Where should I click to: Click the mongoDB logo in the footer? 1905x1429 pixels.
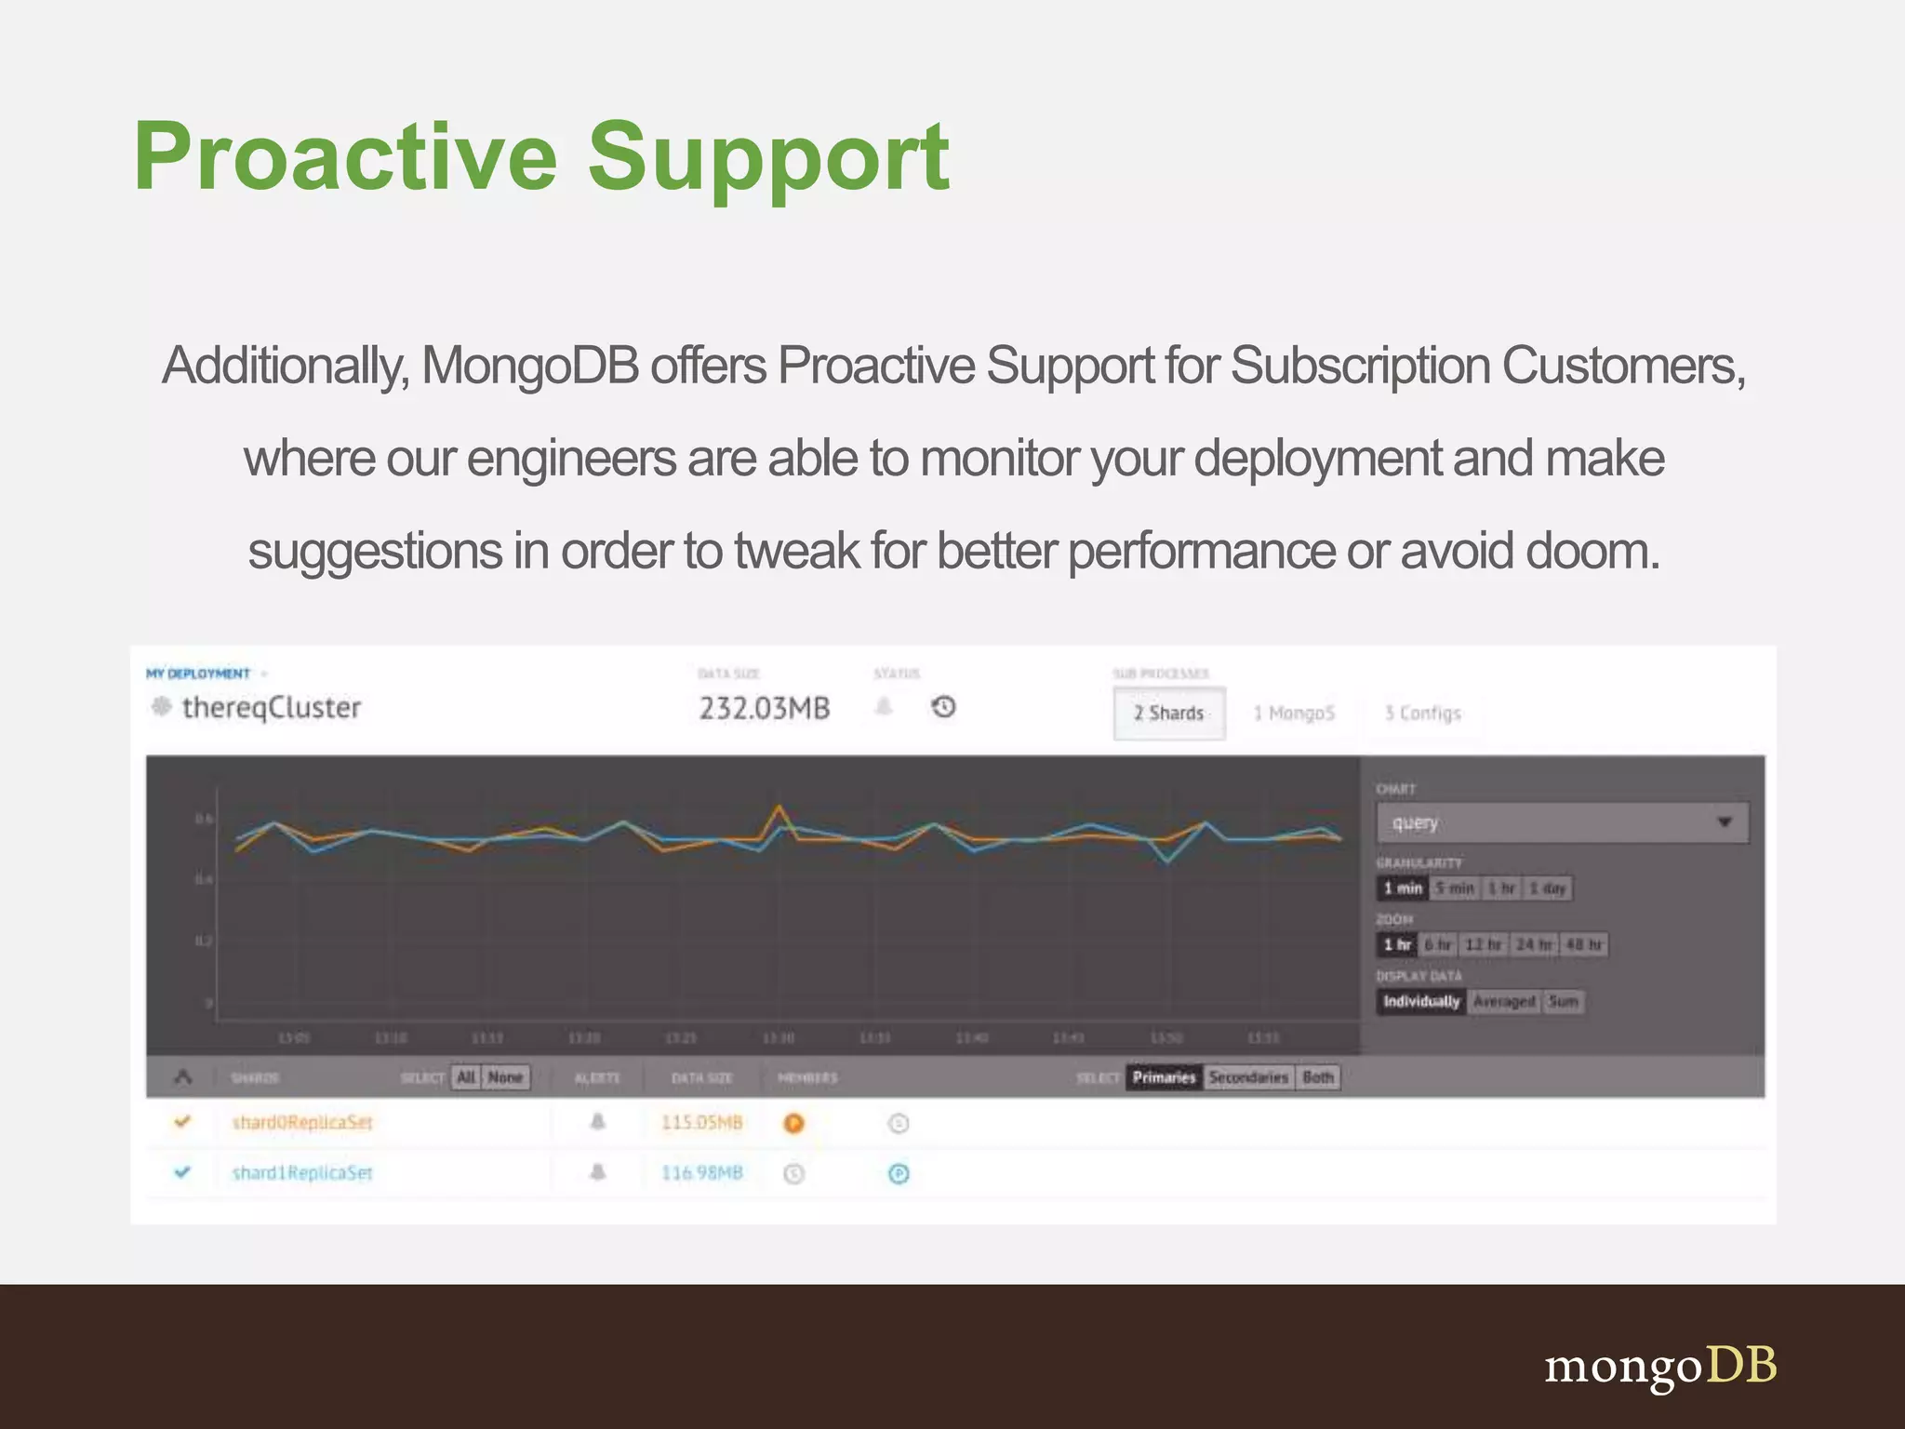click(x=1660, y=1367)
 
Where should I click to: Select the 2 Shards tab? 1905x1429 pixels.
click(x=1168, y=714)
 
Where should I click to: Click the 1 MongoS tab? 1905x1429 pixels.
click(x=1293, y=714)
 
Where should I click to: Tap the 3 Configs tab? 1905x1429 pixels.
click(x=1422, y=714)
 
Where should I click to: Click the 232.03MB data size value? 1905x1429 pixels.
click(x=764, y=709)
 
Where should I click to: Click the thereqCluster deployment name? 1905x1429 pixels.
click(x=271, y=708)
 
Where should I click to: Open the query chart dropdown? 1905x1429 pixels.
click(x=1562, y=822)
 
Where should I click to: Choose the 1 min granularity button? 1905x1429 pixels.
click(x=1402, y=888)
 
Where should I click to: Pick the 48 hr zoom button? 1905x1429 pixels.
click(x=1583, y=945)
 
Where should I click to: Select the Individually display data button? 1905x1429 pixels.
click(x=1420, y=1002)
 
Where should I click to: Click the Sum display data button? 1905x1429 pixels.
click(x=1563, y=1002)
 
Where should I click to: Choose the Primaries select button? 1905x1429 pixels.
click(x=1163, y=1077)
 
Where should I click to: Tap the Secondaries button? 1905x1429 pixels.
click(x=1248, y=1077)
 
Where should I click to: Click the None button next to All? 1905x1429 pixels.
click(x=505, y=1077)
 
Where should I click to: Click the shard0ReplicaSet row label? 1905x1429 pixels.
click(x=301, y=1123)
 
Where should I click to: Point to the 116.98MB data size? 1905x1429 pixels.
click(x=701, y=1173)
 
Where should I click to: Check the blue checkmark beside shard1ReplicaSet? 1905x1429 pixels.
click(x=182, y=1172)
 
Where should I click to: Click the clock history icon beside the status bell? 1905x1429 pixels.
click(x=943, y=707)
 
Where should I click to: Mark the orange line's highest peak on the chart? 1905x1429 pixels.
click(x=779, y=807)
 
